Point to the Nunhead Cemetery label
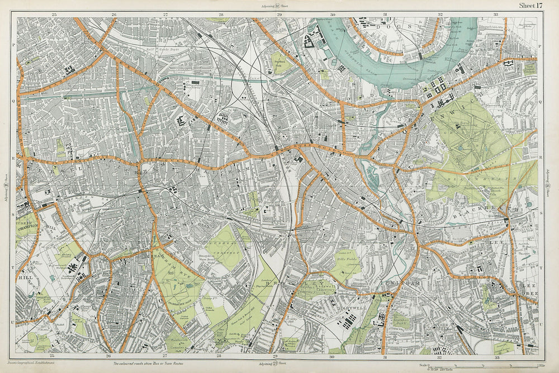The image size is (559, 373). tap(220, 248)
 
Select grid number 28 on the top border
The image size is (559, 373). tap(221, 14)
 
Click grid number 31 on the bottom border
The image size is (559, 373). tap(386, 357)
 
